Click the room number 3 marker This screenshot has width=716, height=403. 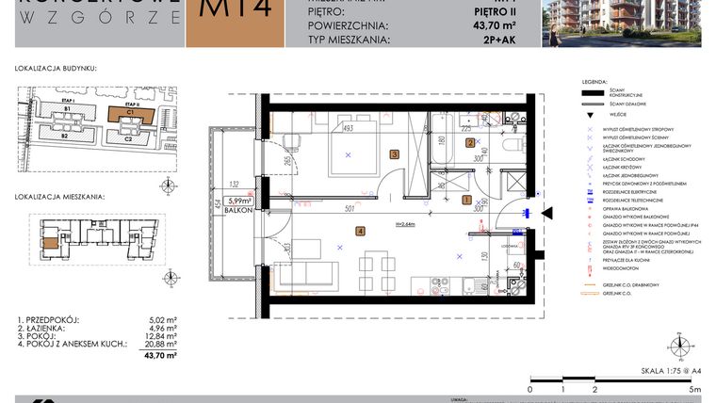[x=394, y=153]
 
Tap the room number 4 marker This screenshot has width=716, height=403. [x=360, y=231]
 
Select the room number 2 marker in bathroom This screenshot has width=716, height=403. [x=470, y=143]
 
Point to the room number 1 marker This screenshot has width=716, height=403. [x=466, y=200]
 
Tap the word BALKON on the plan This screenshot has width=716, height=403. [x=237, y=212]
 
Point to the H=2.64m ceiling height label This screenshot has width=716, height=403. [x=407, y=223]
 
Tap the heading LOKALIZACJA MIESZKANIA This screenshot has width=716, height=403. [x=60, y=198]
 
